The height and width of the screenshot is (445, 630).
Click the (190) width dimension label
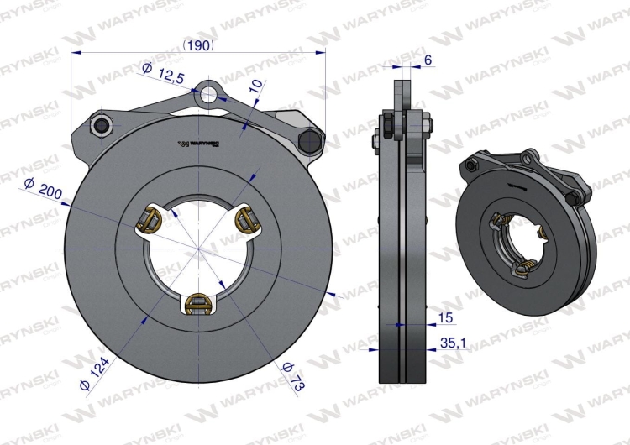coord(199,44)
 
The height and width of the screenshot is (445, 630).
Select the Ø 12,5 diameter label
coord(164,75)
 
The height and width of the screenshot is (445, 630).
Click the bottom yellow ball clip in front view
coord(198,304)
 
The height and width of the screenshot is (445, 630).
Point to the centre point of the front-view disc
coord(198,249)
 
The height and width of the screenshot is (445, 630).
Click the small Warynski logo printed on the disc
coord(199,144)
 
